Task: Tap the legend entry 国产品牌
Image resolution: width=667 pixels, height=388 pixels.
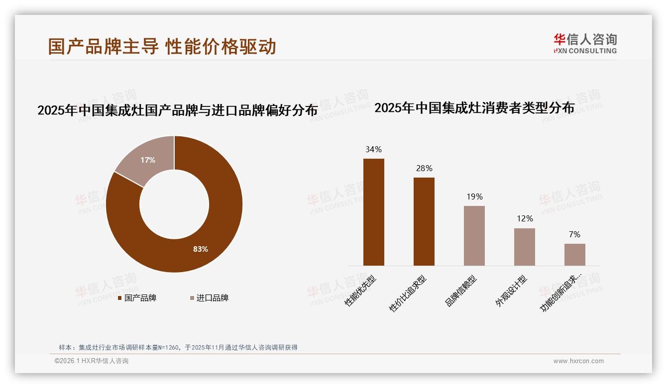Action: [140, 298]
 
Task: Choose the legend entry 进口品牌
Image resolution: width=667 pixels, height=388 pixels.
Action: [212, 298]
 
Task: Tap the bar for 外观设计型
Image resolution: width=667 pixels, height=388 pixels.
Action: [524, 247]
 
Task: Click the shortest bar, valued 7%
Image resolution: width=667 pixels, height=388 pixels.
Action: [574, 254]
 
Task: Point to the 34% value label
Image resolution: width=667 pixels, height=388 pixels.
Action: [373, 149]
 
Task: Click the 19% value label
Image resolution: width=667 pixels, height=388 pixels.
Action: [474, 196]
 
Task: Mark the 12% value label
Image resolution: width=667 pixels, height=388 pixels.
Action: [525, 218]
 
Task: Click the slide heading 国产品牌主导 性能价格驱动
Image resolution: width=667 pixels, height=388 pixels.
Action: [162, 46]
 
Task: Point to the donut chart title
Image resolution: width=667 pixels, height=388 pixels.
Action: [177, 110]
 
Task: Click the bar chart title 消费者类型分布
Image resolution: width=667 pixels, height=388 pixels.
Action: [474, 107]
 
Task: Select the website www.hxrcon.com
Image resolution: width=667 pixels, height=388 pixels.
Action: [578, 361]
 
